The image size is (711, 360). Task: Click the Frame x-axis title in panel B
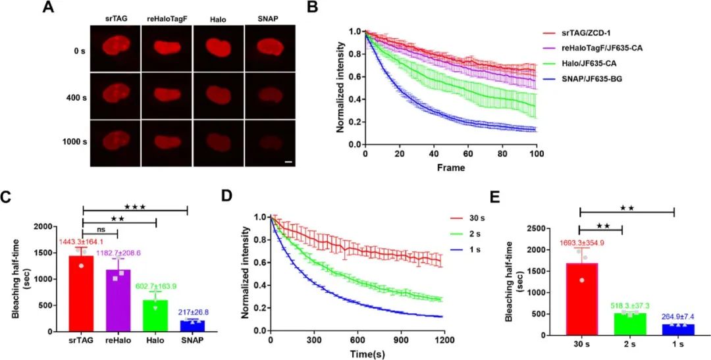coord(450,168)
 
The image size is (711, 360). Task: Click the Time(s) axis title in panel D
coord(359,355)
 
